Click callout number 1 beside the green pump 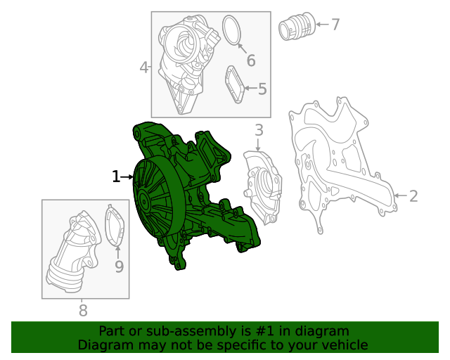click(116, 176)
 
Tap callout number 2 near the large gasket click(413, 196)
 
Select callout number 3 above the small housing click(259, 130)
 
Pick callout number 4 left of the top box click(144, 67)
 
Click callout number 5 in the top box click(262, 89)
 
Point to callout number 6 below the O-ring click(250, 60)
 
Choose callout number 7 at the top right click(335, 25)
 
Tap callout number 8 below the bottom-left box click(83, 310)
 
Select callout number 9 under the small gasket click(119, 266)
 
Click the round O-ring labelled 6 click(233, 30)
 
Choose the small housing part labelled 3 click(262, 186)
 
